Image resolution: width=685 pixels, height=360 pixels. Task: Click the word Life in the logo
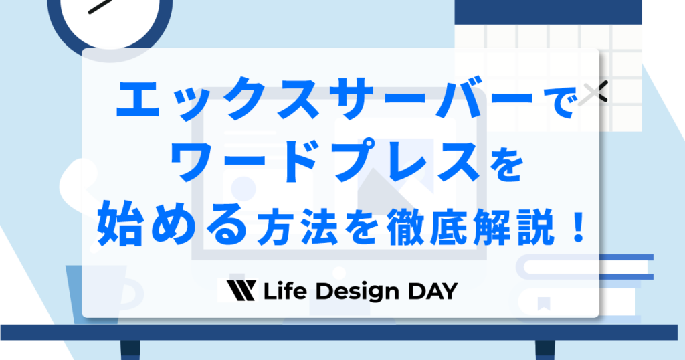(283, 291)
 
